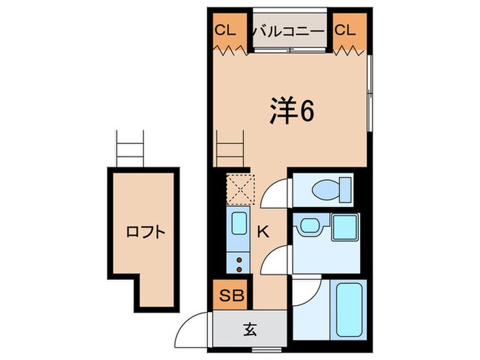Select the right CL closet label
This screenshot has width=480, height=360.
[346, 30]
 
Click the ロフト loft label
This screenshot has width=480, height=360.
[145, 232]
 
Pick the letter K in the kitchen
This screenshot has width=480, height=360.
[263, 232]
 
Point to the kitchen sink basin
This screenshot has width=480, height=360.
[239, 226]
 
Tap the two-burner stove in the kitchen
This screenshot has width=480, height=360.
[239, 260]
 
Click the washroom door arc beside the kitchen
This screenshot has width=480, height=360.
[276, 261]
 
